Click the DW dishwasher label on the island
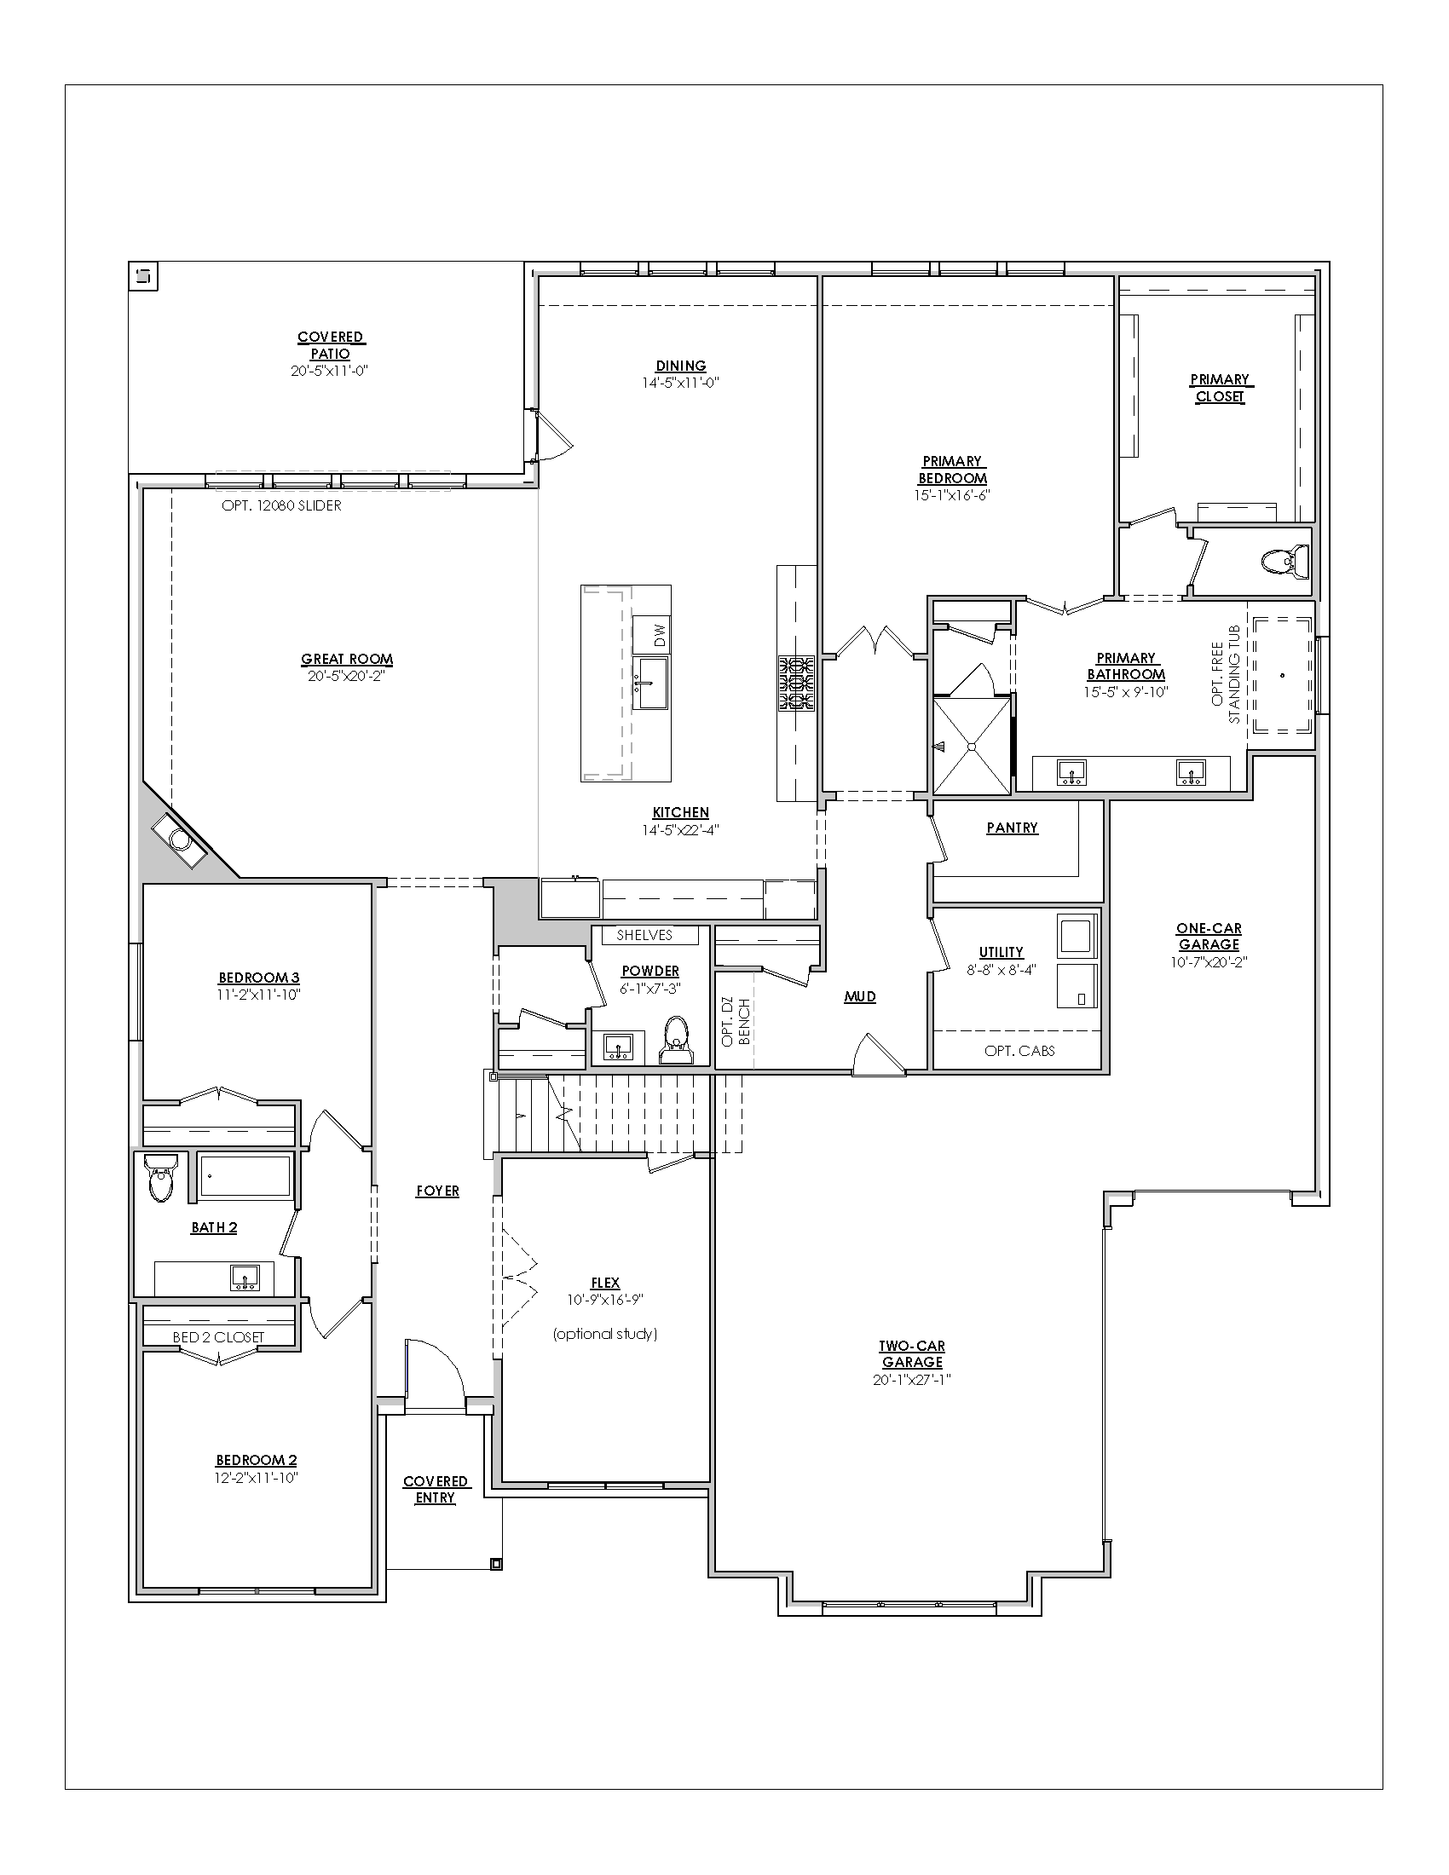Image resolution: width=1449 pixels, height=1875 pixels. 659,635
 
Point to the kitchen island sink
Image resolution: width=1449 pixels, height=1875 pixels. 649,684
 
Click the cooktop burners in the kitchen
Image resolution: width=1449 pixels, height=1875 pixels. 797,684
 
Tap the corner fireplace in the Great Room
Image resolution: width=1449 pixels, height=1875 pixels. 179,839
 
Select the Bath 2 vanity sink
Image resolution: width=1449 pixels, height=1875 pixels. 245,1279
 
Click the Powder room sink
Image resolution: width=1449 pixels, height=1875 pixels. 618,1047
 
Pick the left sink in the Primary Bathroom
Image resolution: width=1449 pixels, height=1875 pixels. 1071,772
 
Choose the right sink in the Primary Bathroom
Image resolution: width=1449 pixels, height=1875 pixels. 1191,772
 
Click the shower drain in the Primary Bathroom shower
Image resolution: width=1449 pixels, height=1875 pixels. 972,747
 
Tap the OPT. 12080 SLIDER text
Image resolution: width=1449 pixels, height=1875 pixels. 281,505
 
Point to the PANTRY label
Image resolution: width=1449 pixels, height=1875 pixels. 1012,828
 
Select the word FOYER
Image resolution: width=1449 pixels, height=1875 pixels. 438,1191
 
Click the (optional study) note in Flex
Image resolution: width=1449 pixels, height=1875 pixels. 605,1333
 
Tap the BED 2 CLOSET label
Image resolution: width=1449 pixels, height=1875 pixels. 218,1336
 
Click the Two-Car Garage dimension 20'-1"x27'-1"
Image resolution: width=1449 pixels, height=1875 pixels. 913,1380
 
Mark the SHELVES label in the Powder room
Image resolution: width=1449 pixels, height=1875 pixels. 644,935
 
